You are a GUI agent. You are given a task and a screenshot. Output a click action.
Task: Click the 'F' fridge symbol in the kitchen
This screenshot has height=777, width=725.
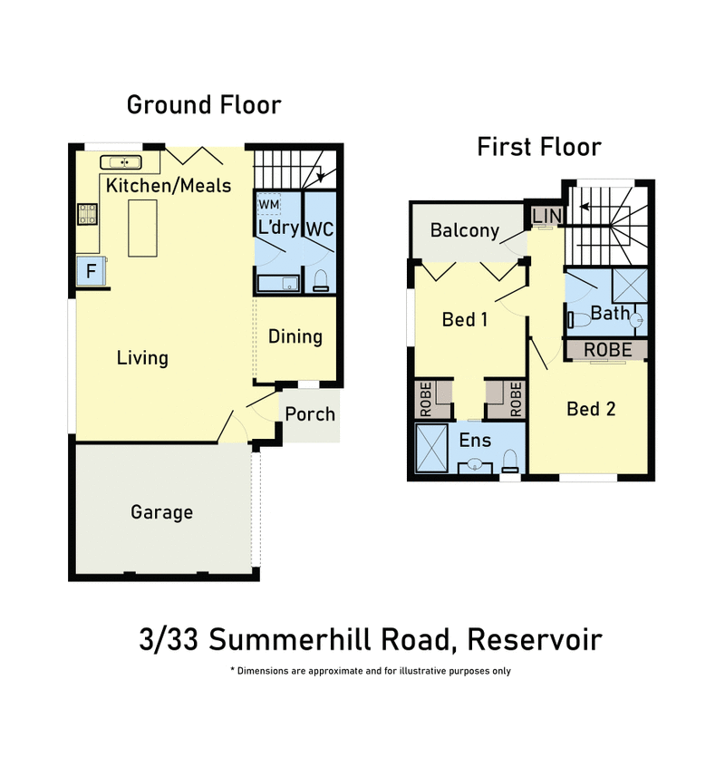[91, 270]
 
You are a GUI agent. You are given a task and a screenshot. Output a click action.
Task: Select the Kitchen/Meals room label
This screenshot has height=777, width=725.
[169, 186]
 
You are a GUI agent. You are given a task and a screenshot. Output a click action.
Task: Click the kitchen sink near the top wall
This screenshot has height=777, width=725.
[121, 162]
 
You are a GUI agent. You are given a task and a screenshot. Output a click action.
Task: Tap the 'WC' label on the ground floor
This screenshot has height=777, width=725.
[320, 228]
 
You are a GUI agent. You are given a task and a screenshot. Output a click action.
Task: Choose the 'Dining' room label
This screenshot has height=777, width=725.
[295, 336]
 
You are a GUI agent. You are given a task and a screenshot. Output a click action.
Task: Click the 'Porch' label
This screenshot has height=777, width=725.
[310, 414]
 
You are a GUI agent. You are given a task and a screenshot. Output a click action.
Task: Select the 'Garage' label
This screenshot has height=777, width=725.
[161, 512]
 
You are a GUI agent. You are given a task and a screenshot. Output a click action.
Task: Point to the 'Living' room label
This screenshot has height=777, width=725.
[142, 357]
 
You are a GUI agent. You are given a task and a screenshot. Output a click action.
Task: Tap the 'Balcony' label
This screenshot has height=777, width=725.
[465, 230]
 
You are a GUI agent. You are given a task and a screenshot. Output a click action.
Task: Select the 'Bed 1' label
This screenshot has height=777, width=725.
[465, 319]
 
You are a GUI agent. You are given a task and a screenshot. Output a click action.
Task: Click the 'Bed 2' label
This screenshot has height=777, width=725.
[591, 409]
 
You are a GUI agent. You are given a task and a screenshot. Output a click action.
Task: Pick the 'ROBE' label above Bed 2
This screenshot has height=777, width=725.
[607, 349]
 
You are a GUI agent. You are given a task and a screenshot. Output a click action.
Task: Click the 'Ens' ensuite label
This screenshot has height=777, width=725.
[475, 441]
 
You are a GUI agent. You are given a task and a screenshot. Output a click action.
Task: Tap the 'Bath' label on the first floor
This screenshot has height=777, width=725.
[610, 314]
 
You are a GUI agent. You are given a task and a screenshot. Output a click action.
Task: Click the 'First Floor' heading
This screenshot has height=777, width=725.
[539, 147]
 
